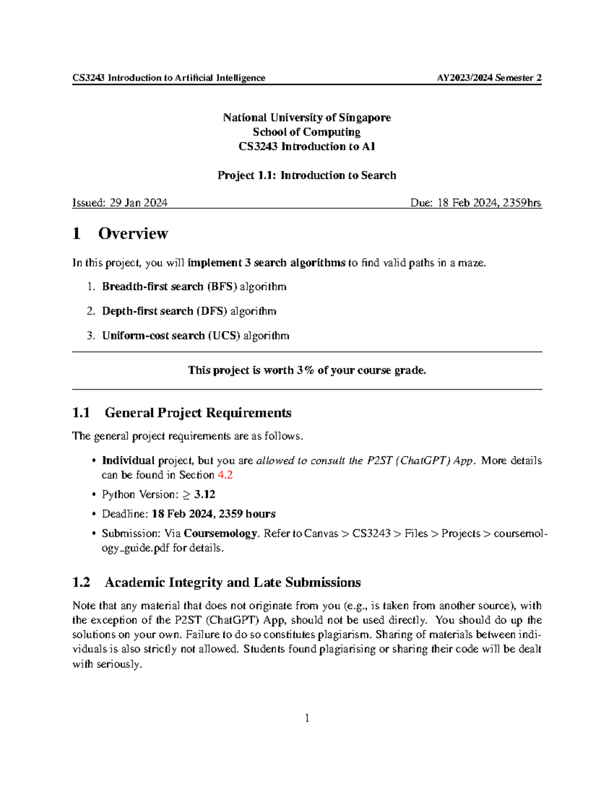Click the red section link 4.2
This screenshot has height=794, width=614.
pyautogui.click(x=225, y=475)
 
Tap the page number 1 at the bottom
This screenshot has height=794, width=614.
pyautogui.click(x=307, y=718)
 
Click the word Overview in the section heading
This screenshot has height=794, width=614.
pyautogui.click(x=133, y=234)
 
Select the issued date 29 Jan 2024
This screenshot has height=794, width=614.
pyautogui.click(x=138, y=203)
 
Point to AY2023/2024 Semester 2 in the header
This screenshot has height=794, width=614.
pyautogui.click(x=489, y=78)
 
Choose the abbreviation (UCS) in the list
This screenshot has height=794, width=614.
pyautogui.click(x=224, y=336)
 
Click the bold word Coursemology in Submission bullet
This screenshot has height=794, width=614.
pyautogui.click(x=220, y=533)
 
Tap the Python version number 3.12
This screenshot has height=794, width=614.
pyautogui.click(x=205, y=494)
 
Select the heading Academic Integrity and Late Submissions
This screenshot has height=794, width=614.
pyautogui.click(x=232, y=582)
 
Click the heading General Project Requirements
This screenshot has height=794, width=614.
pyautogui.click(x=198, y=413)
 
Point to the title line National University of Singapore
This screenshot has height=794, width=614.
pyautogui.click(x=306, y=118)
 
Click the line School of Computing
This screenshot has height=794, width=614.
pyautogui.click(x=306, y=132)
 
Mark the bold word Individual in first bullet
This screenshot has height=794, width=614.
pyautogui.click(x=128, y=461)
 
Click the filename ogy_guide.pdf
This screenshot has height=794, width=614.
pyautogui.click(x=136, y=548)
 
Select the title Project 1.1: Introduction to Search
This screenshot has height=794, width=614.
pyautogui.click(x=306, y=175)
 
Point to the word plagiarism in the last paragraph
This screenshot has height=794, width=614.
pyautogui.click(x=343, y=635)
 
